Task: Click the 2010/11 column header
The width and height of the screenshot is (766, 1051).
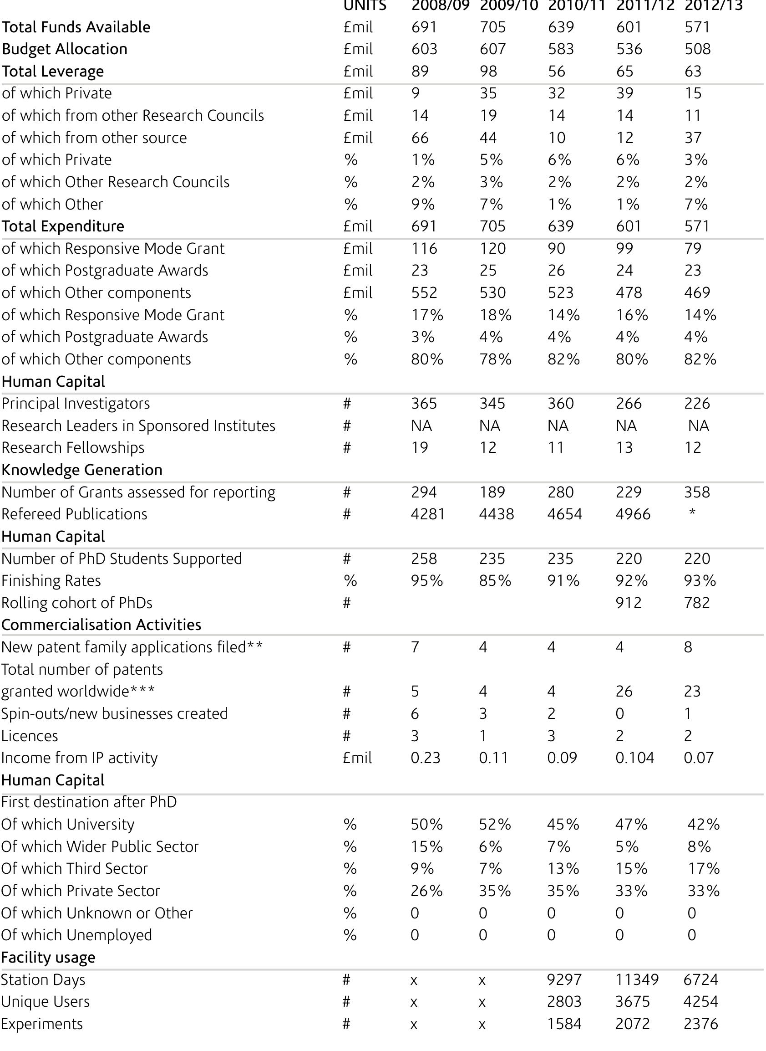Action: click(x=576, y=5)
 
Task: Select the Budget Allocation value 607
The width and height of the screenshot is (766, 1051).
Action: click(x=492, y=49)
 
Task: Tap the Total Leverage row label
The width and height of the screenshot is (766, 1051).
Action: click(x=53, y=72)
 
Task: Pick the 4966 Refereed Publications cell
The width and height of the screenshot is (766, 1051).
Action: click(x=633, y=514)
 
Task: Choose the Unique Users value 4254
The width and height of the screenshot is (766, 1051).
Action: click(x=700, y=1001)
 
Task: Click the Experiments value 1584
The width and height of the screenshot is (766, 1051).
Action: click(x=564, y=1024)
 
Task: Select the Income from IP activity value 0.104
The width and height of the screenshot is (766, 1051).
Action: click(x=634, y=758)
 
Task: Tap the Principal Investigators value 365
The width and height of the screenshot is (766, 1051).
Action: click(x=424, y=404)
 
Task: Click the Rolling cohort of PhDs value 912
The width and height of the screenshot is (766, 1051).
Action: click(x=629, y=603)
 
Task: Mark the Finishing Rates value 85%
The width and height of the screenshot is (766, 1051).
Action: click(x=495, y=580)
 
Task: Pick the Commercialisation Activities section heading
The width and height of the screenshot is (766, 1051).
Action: click(x=101, y=625)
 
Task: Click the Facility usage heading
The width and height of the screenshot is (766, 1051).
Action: click(x=48, y=957)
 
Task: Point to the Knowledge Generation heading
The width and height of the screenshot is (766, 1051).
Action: click(x=81, y=470)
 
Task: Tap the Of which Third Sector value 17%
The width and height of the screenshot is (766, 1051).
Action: click(x=703, y=868)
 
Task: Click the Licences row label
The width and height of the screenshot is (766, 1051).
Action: click(x=30, y=736)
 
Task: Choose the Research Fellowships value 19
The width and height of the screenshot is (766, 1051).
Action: click(x=420, y=448)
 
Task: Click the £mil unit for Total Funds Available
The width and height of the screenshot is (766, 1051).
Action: click(x=358, y=27)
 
